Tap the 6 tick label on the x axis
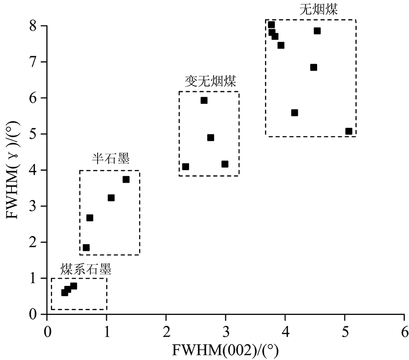pyautogui.click(x=404, y=332)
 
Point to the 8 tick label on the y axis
pyautogui.click(x=32, y=26)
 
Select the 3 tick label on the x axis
pyautogui.click(x=225, y=332)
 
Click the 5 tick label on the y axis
pyautogui.click(x=32, y=134)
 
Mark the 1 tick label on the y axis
pyautogui.click(x=32, y=278)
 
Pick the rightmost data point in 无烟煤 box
pyautogui.click(x=349, y=131)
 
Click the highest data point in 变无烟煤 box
pyautogui.click(x=204, y=100)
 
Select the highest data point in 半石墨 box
pyautogui.click(x=126, y=179)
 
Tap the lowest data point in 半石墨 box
pyautogui.click(x=86, y=248)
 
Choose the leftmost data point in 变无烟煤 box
pyautogui.click(x=186, y=167)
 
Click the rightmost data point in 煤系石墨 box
pyautogui.click(x=74, y=286)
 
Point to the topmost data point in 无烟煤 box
pyautogui.click(x=271, y=25)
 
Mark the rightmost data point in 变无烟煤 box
pyautogui.click(x=225, y=164)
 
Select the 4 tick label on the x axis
pyautogui.click(x=285, y=332)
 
